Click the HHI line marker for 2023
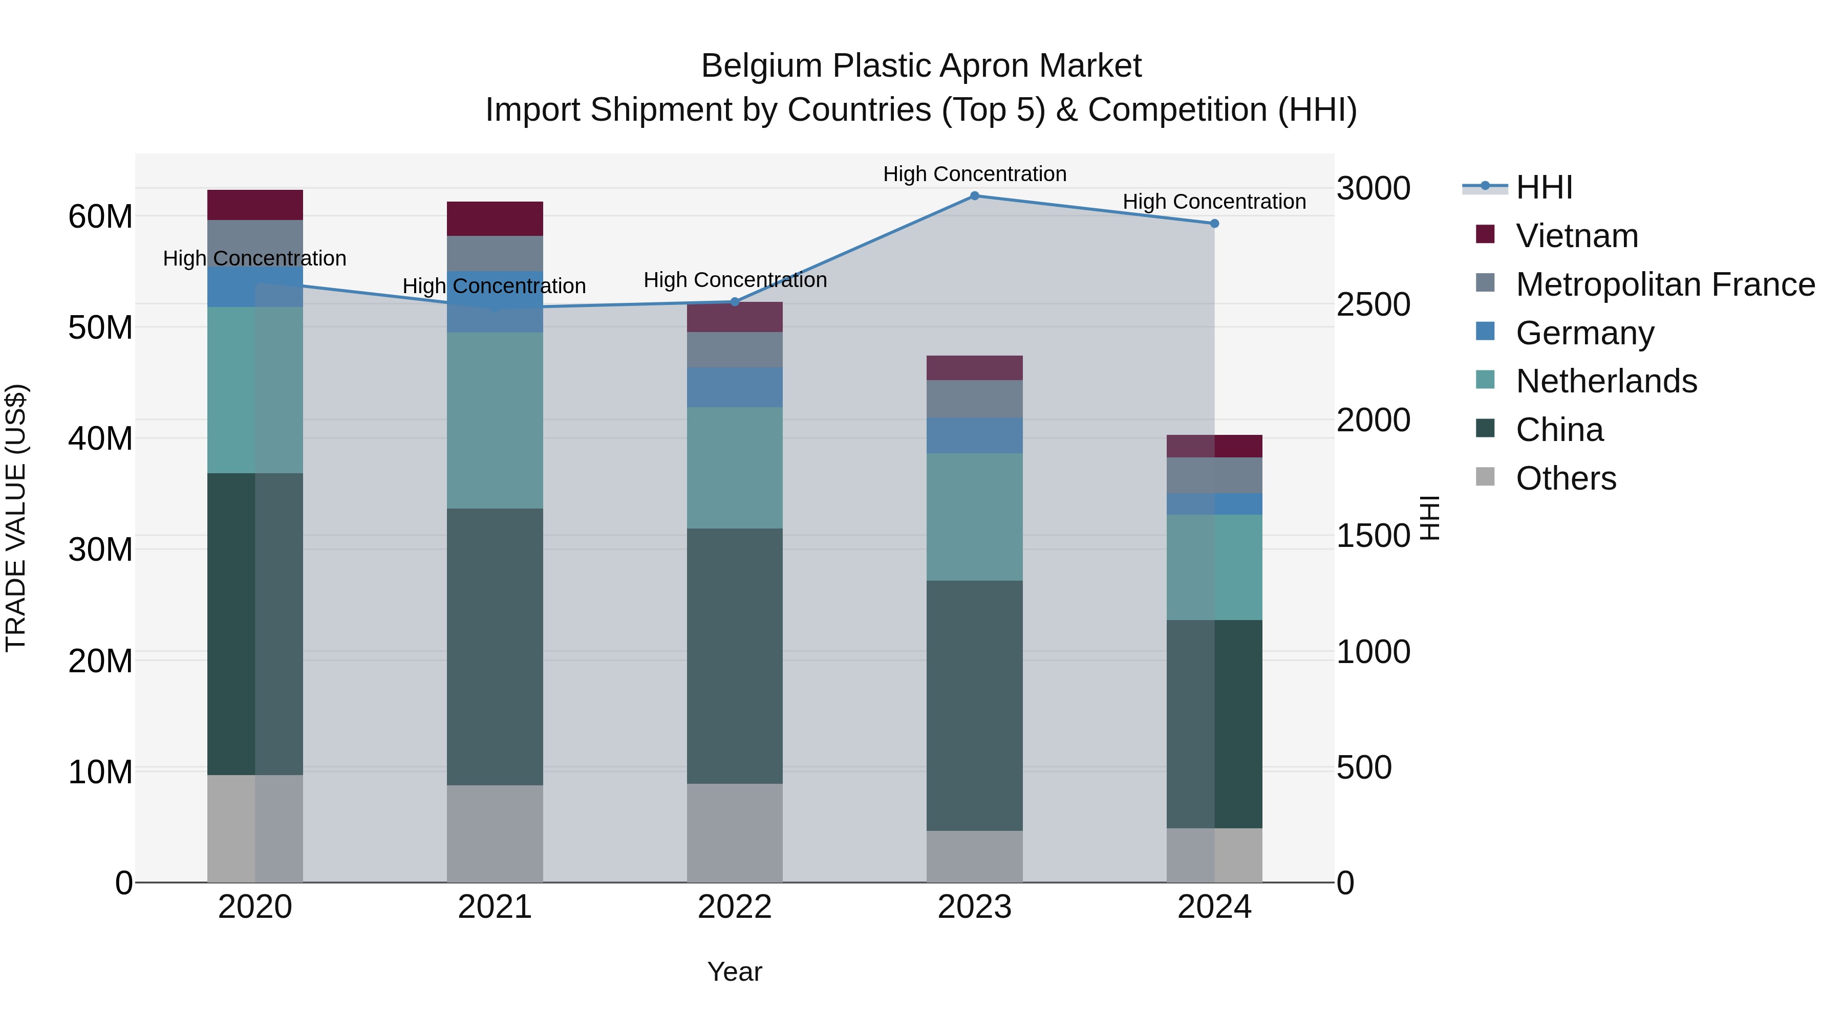pos(974,196)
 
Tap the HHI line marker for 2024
pos(1214,224)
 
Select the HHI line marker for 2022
pos(735,302)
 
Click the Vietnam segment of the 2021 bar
pos(495,219)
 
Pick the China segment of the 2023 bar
pos(974,705)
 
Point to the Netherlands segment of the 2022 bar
pos(735,468)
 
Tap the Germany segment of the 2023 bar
pos(974,435)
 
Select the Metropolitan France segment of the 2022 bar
pos(735,349)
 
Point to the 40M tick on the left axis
pos(100,438)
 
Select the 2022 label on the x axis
pos(735,907)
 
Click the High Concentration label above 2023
pos(974,174)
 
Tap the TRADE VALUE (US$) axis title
pos(16,518)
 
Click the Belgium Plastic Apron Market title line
pos(921,66)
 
